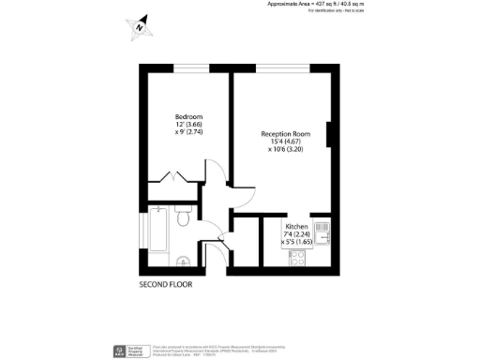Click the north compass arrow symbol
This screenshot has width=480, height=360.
[140, 27]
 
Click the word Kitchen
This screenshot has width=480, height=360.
[298, 227]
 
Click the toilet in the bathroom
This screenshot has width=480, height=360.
[186, 219]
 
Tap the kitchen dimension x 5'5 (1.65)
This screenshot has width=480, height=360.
[298, 242]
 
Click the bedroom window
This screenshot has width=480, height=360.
[184, 67]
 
